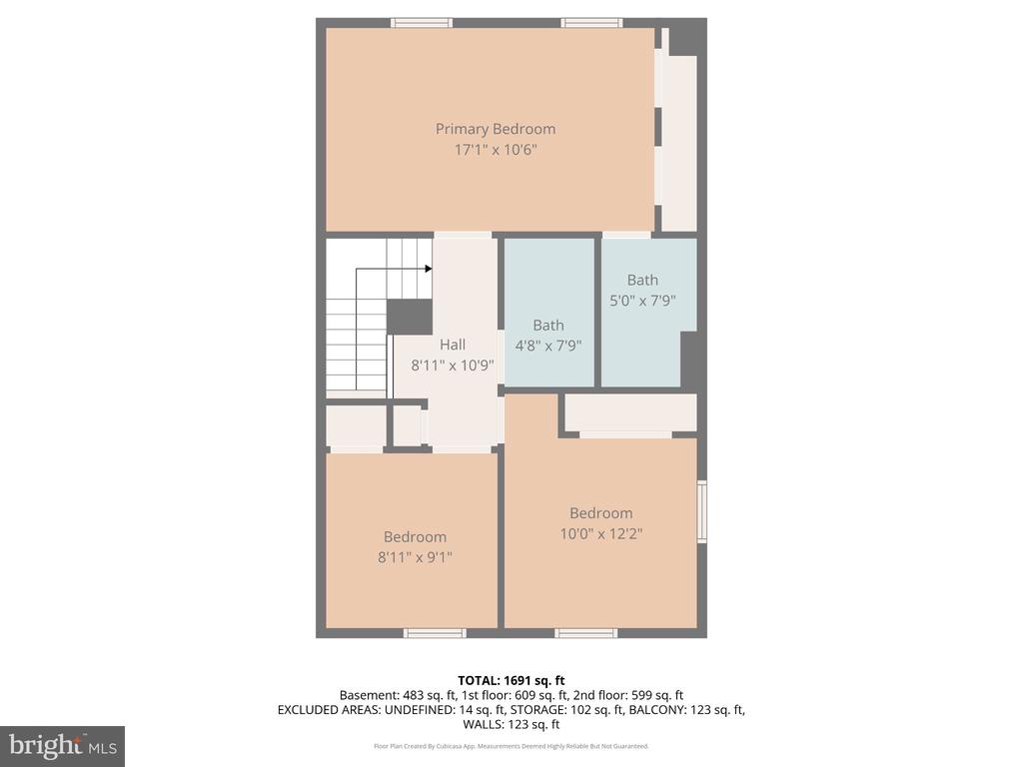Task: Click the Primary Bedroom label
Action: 495,129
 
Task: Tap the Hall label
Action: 453,345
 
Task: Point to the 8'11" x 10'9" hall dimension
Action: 453,366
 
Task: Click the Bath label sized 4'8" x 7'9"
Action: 548,325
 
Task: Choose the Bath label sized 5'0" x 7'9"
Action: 642,280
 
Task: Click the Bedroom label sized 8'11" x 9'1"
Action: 415,536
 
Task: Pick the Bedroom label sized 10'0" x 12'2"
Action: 600,513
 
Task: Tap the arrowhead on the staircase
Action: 428,268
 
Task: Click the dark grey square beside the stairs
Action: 409,317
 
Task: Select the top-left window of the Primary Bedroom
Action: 421,23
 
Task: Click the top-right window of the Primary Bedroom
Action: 591,23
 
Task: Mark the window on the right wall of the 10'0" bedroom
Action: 701,511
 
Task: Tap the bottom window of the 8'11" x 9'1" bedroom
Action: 435,633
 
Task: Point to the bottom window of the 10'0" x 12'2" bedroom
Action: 585,633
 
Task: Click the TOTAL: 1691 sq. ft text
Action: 511,680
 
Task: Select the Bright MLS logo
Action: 62,745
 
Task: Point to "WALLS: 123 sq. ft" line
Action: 511,725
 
